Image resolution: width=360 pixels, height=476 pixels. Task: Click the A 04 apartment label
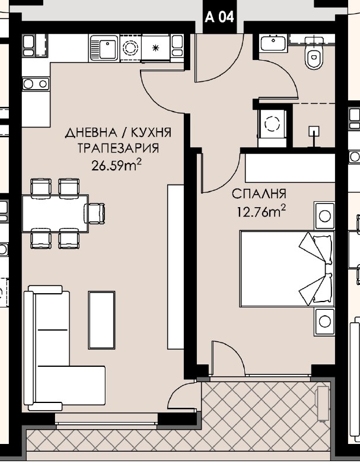[x=219, y=17]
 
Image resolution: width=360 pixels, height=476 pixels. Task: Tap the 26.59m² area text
[x=116, y=166]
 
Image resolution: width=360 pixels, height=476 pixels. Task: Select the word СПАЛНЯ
[x=259, y=194]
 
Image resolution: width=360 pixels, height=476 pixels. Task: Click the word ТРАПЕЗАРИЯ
[x=112, y=148]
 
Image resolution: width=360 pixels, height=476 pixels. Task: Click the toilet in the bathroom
[x=312, y=57]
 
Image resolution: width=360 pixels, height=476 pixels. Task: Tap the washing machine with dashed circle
[x=272, y=124]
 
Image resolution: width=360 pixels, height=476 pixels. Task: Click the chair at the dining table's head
[x=95, y=212]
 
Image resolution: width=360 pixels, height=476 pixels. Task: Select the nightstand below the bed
[x=324, y=321]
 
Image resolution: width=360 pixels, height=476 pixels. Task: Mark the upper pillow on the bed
[x=315, y=249]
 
